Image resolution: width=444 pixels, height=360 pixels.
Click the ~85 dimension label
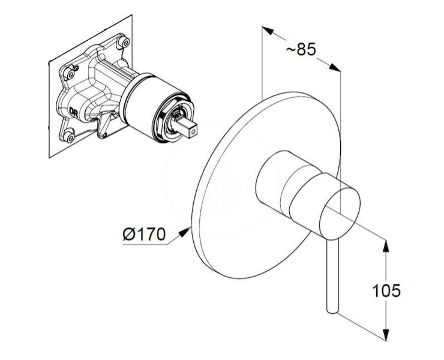click(x=301, y=50)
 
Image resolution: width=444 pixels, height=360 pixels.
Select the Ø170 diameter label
click(x=144, y=234)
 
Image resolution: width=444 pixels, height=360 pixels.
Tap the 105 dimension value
click(x=386, y=290)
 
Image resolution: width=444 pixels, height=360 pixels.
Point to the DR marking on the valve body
click(x=74, y=112)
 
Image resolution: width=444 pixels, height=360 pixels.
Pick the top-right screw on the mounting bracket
click(x=124, y=42)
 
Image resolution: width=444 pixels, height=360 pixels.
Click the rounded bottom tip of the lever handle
click(x=332, y=311)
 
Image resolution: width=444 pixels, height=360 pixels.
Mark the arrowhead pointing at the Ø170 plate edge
click(x=184, y=232)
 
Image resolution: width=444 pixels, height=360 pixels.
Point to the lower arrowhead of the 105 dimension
click(x=385, y=334)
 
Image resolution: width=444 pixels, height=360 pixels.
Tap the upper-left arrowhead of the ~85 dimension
click(x=268, y=31)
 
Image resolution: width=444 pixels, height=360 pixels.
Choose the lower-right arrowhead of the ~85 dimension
click(x=335, y=67)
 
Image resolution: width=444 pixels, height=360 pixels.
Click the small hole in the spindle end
click(x=193, y=131)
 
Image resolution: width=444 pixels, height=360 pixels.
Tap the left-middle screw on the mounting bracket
click(x=70, y=73)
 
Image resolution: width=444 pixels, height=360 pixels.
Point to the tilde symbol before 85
click(x=290, y=50)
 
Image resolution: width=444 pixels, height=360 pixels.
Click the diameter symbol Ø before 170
click(x=128, y=234)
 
